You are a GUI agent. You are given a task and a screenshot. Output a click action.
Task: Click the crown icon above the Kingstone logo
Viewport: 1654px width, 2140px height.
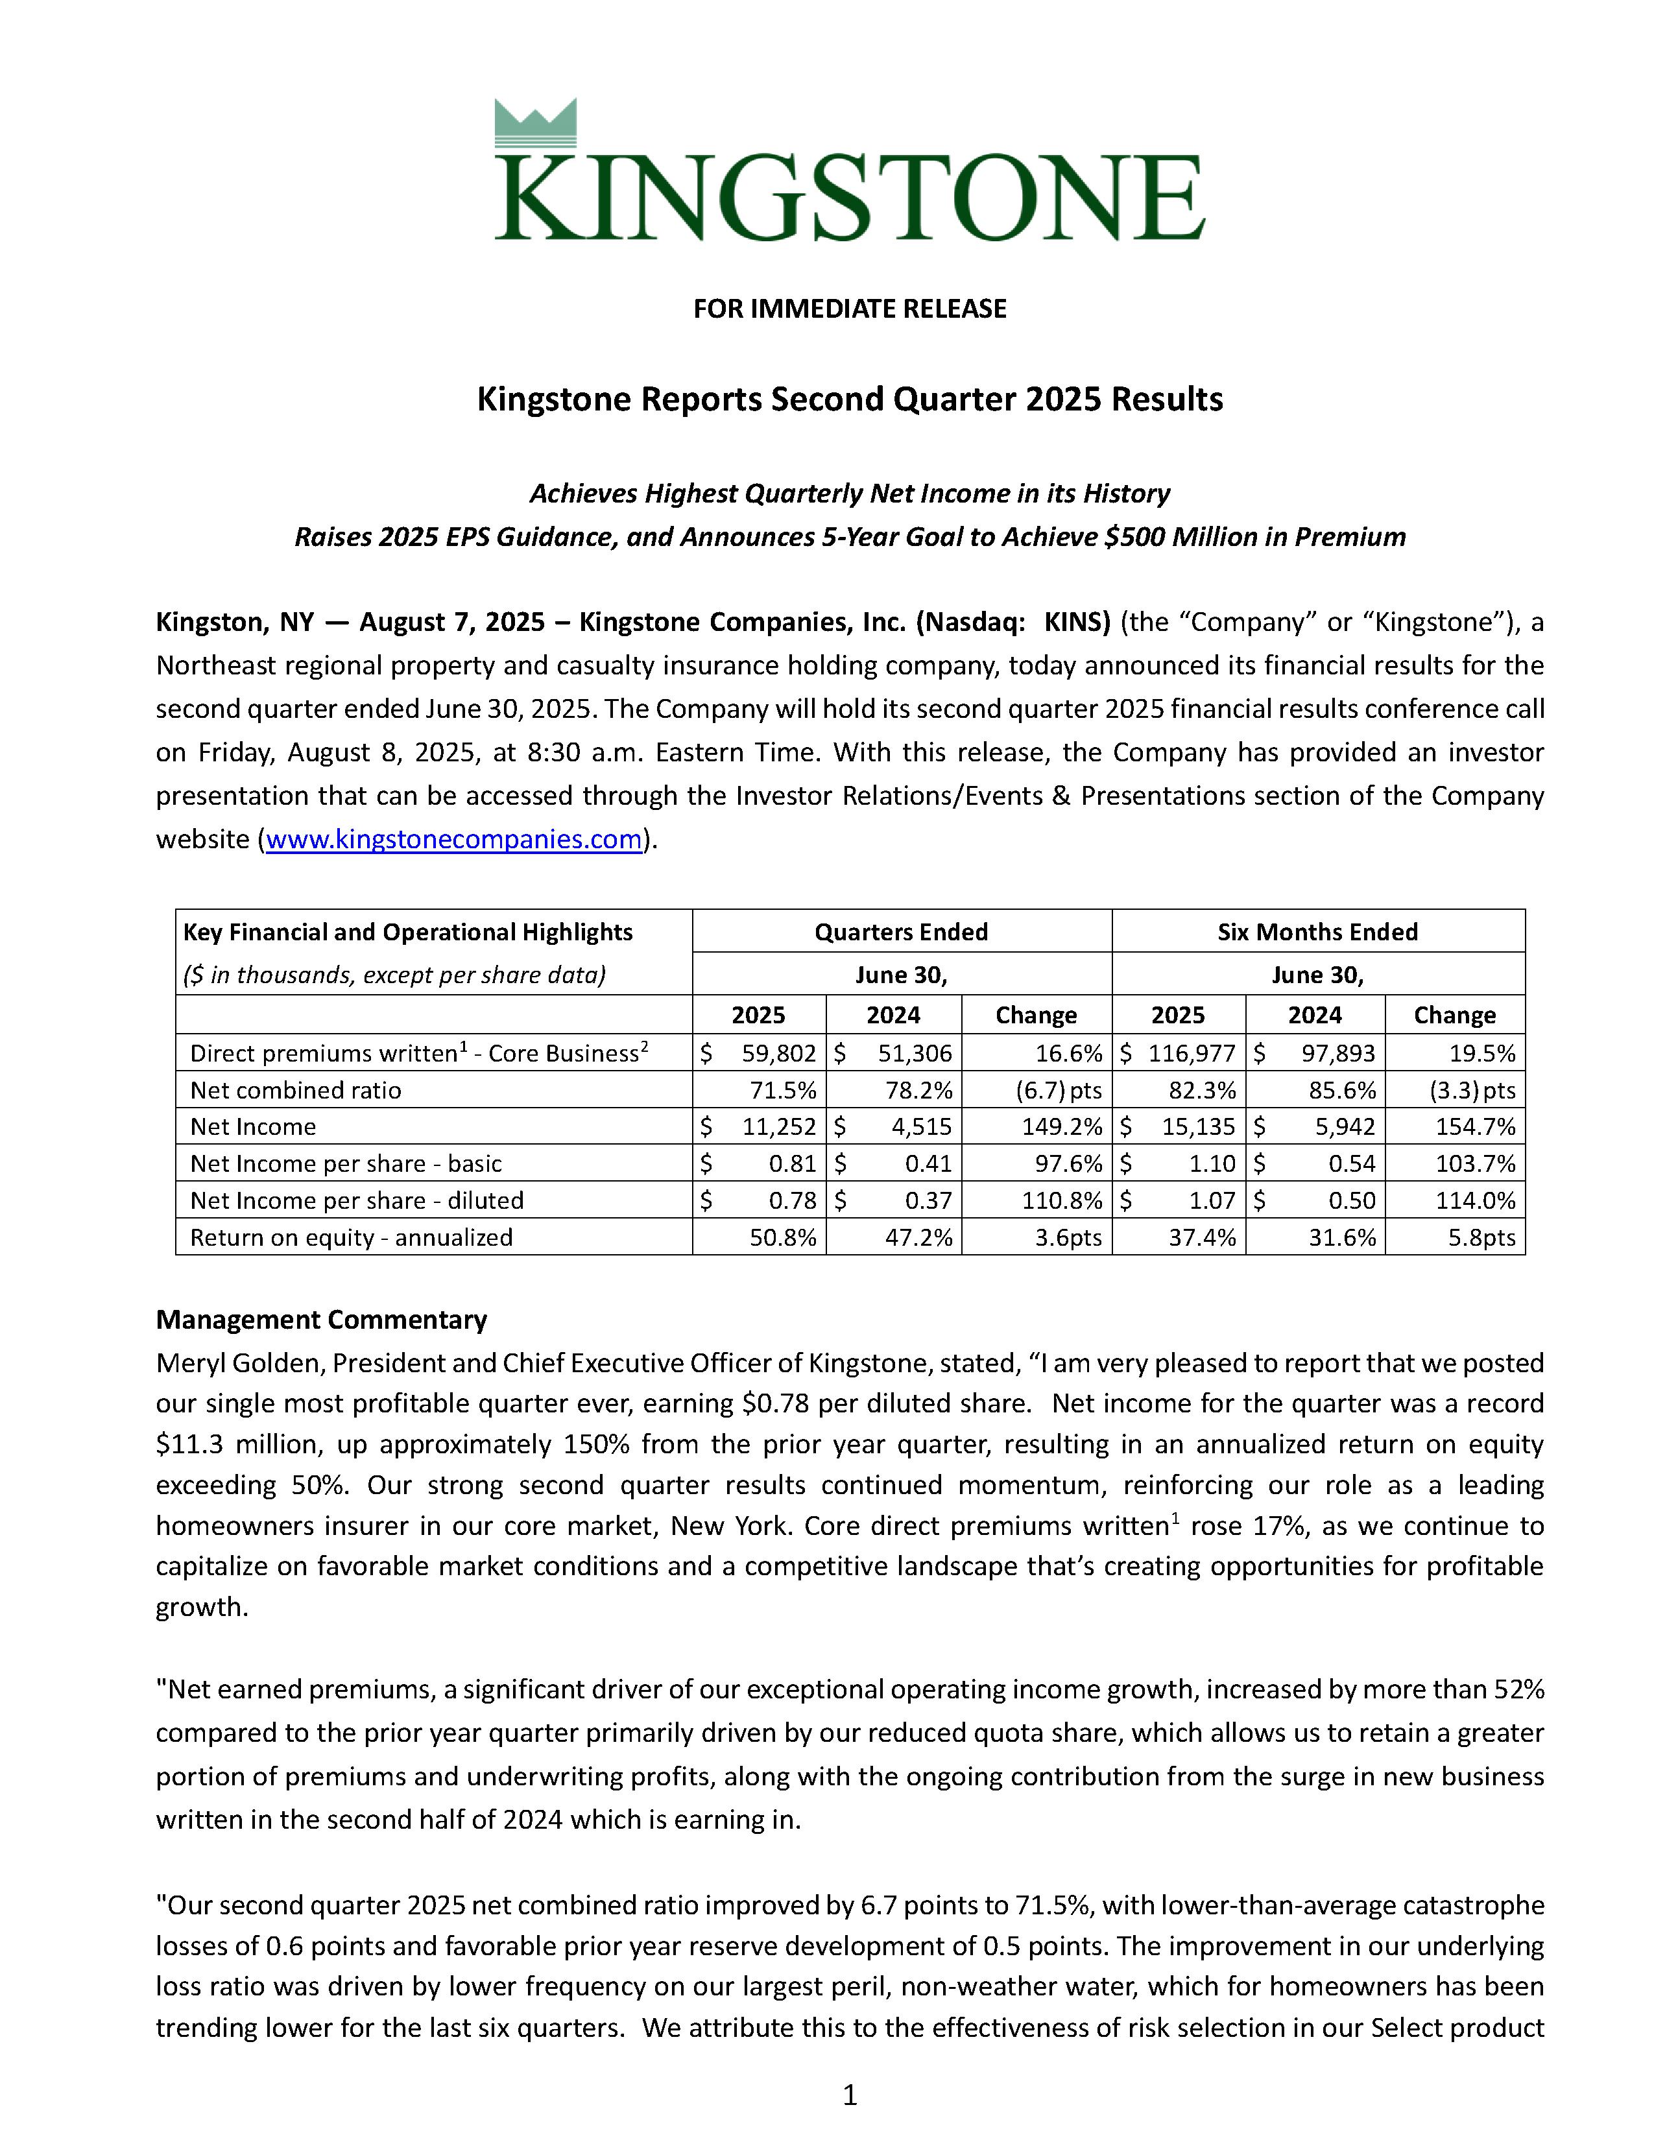click(535, 125)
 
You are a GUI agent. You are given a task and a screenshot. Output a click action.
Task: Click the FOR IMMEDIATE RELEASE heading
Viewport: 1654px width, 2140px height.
click(850, 309)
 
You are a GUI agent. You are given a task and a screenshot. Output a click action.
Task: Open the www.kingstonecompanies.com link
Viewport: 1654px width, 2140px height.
click(453, 840)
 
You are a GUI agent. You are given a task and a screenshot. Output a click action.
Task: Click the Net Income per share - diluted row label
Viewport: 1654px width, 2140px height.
click(357, 1200)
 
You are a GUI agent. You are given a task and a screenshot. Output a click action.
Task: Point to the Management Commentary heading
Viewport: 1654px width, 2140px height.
click(321, 1320)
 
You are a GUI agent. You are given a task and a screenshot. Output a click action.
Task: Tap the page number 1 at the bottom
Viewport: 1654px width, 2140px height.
click(850, 2095)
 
